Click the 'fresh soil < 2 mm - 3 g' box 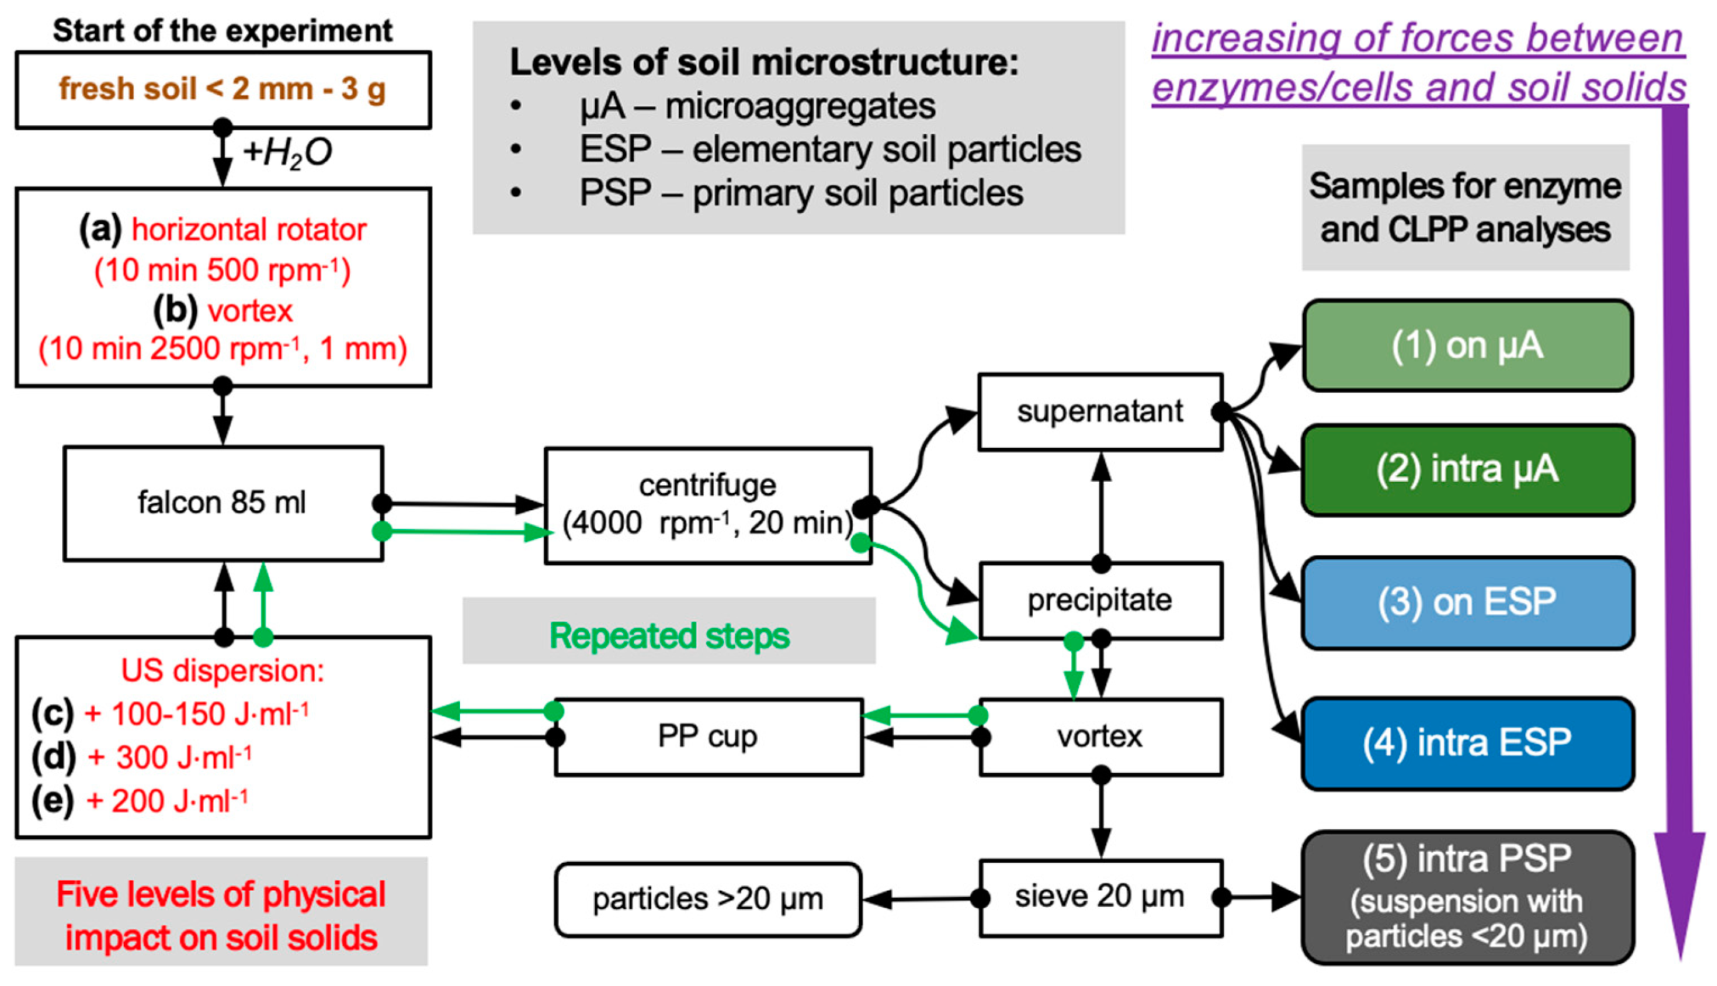(223, 89)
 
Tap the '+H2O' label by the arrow (287, 152)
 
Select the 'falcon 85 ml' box (223, 503)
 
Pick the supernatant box (1099, 412)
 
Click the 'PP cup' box (708, 737)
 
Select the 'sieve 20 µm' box (1099, 898)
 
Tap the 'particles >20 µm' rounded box (708, 899)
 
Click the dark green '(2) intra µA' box (1467, 470)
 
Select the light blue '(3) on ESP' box (1467, 602)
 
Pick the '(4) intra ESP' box (1467, 743)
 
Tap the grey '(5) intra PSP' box (1467, 897)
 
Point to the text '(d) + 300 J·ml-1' (142, 757)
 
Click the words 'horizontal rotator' (248, 230)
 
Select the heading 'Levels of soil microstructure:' (763, 63)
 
